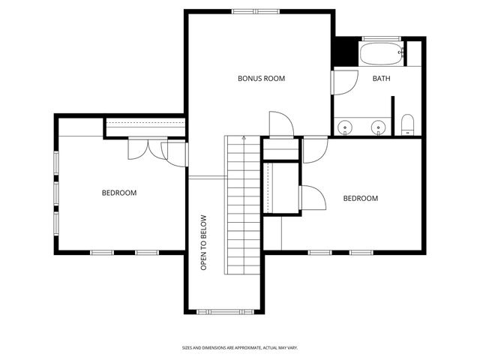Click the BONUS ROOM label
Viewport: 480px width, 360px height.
(x=261, y=78)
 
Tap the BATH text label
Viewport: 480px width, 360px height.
(x=381, y=78)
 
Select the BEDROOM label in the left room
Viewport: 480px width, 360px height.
(x=119, y=193)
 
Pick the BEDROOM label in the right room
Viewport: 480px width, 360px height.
(x=360, y=199)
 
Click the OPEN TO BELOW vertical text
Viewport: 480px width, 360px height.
(x=203, y=243)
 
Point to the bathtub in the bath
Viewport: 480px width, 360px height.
(x=382, y=54)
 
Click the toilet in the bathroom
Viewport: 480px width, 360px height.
(x=408, y=125)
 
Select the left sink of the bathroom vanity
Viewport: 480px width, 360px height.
(x=345, y=127)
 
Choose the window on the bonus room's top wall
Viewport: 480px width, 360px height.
(x=256, y=11)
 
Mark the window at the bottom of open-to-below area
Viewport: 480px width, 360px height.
(x=224, y=311)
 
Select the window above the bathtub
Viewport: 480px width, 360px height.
(x=384, y=38)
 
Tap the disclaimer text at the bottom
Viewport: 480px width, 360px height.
(x=240, y=347)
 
